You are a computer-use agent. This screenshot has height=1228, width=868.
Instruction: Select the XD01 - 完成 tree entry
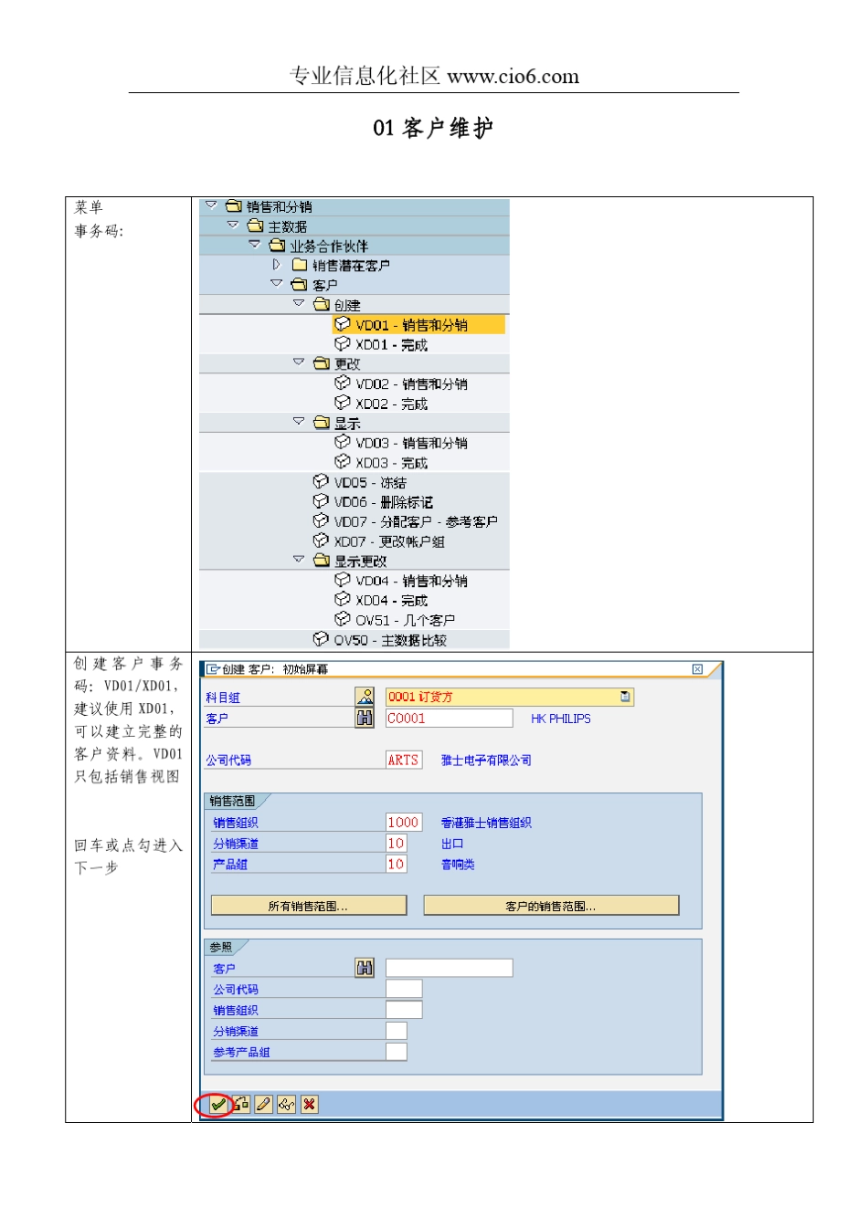coord(391,345)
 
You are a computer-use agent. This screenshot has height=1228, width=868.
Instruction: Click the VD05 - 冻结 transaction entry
coord(370,483)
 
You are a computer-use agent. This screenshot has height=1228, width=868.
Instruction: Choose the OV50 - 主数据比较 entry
coord(390,641)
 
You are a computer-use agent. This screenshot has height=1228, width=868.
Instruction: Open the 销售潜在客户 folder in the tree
coord(351,266)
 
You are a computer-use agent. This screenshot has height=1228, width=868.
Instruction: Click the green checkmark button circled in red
coord(217,1105)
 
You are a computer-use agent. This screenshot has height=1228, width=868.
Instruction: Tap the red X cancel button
coord(310,1105)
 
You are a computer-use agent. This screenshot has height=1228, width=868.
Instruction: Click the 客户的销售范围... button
coord(551,906)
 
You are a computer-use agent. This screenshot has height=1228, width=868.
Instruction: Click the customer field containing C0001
coord(448,719)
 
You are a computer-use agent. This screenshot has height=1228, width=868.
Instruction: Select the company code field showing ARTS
coord(403,760)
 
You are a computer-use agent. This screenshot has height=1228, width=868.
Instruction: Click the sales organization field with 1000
coord(402,823)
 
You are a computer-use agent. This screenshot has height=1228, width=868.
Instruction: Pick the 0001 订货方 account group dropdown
coord(508,697)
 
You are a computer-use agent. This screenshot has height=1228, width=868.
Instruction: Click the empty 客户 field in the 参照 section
coord(448,968)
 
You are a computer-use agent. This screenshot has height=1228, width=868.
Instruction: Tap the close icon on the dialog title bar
coord(697,669)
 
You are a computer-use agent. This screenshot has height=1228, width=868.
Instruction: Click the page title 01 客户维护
coord(433,129)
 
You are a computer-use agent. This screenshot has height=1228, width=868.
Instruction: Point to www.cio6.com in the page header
coord(513,77)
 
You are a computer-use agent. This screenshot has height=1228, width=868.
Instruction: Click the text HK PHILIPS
coord(560,719)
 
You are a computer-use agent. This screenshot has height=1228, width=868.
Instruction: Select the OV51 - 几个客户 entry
coord(405,621)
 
